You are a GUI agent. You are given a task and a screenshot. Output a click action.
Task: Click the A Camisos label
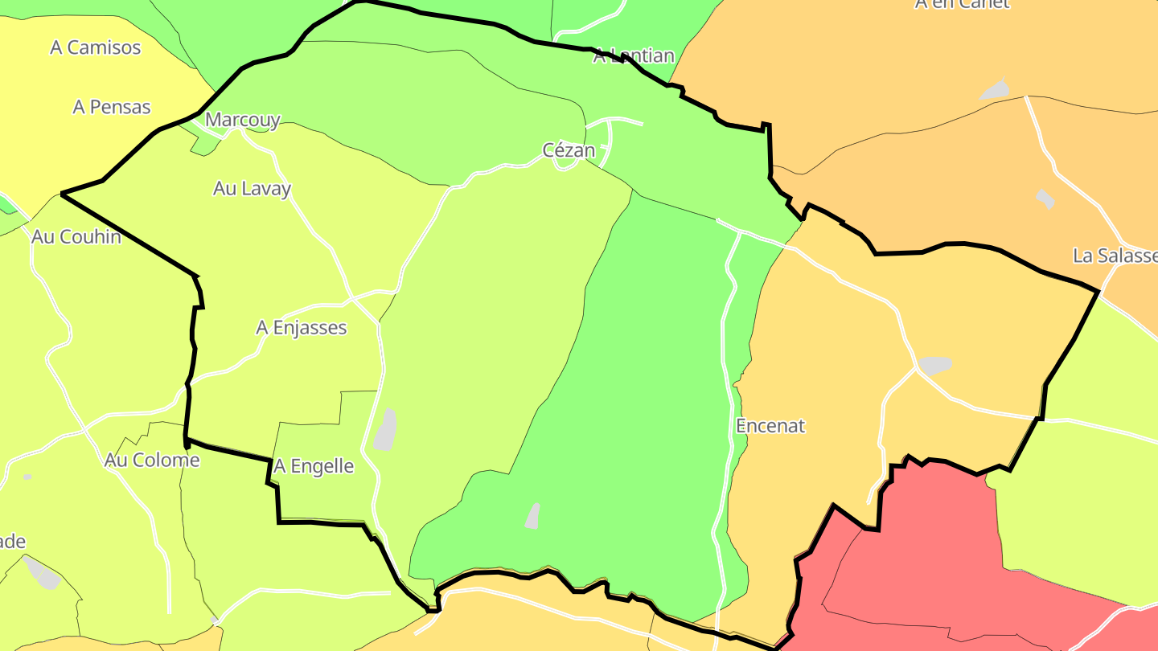pos(95,47)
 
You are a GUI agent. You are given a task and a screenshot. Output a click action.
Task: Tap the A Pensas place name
pos(112,107)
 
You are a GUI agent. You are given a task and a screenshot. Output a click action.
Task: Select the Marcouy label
pos(242,121)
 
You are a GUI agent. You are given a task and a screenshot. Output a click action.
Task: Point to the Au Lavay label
pos(252,189)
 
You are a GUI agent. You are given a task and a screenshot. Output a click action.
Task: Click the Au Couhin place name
pos(76,237)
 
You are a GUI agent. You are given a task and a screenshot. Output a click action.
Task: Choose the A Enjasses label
pos(302,328)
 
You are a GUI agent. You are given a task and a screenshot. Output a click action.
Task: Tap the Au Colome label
pos(152,461)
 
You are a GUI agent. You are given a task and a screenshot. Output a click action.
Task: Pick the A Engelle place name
pos(314,466)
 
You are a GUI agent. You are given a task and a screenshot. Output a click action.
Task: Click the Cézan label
pos(569,150)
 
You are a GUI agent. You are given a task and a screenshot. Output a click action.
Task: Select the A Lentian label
pos(634,56)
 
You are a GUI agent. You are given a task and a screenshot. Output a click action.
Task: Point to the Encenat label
pos(770,426)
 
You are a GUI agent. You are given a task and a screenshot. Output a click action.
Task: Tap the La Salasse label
pos(1115,256)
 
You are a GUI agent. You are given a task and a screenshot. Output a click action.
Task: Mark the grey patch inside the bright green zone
pos(532,516)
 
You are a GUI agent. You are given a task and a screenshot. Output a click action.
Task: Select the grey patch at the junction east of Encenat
pos(934,365)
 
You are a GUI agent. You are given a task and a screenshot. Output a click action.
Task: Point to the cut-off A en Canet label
pos(961,4)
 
